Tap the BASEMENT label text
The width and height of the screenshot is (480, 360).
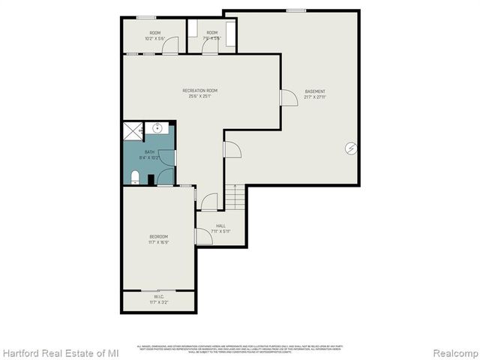pyautogui.click(x=315, y=91)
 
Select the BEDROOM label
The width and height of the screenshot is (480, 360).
pyautogui.click(x=158, y=237)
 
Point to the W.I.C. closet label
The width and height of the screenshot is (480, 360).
pyautogui.click(x=159, y=296)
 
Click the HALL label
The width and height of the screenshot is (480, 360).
pyautogui.click(x=220, y=226)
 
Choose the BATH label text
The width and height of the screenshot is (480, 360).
pyautogui.click(x=149, y=152)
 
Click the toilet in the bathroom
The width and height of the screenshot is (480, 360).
pyautogui.click(x=135, y=177)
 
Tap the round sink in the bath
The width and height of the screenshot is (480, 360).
pyautogui.click(x=157, y=128)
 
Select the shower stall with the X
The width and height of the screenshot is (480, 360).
pyautogui.click(x=131, y=131)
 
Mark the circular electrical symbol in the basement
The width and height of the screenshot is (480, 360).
pyautogui.click(x=351, y=148)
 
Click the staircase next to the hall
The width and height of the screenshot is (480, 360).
pyautogui.click(x=236, y=197)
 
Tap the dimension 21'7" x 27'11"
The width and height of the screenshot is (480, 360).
pyautogui.click(x=315, y=97)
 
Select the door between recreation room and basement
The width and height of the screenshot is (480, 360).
pyautogui.click(x=288, y=97)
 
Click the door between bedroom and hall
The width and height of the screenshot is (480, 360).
pyautogui.click(x=202, y=237)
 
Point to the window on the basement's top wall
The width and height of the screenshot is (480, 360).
pyautogui.click(x=295, y=10)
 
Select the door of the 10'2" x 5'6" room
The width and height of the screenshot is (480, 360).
pyautogui.click(x=171, y=46)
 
